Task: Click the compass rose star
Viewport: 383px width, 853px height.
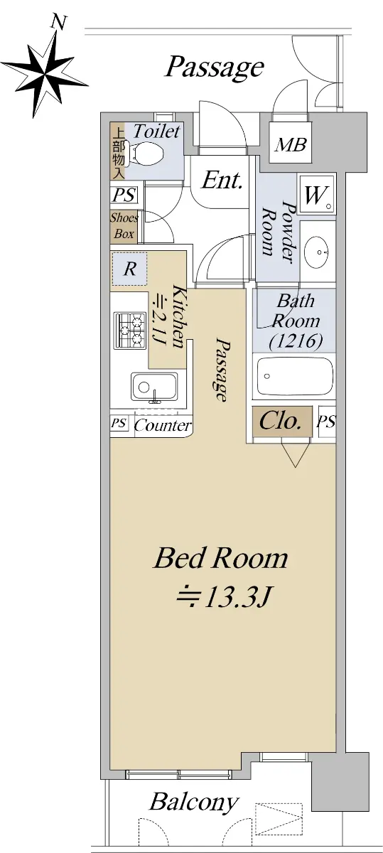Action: (45, 73)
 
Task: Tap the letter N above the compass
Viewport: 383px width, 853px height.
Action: (59, 23)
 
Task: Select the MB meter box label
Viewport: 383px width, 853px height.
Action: (291, 144)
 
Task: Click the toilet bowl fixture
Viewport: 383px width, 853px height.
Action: (146, 154)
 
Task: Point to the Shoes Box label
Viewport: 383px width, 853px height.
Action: (124, 226)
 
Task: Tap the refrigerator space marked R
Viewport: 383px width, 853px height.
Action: (129, 269)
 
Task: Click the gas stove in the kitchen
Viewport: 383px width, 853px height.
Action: (130, 330)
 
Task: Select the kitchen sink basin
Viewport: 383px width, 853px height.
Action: (154, 387)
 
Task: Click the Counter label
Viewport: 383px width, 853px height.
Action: (163, 425)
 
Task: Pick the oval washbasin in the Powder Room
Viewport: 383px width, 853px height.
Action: (317, 252)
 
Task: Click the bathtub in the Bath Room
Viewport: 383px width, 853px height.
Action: (294, 377)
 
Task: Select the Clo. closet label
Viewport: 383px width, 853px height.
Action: (280, 421)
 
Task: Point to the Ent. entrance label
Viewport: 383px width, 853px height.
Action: (222, 181)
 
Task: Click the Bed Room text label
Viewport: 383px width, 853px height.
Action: (220, 558)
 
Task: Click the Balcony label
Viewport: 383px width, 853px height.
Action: (194, 802)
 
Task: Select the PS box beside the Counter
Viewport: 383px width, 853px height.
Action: (119, 424)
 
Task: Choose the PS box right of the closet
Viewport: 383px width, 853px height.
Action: (327, 422)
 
